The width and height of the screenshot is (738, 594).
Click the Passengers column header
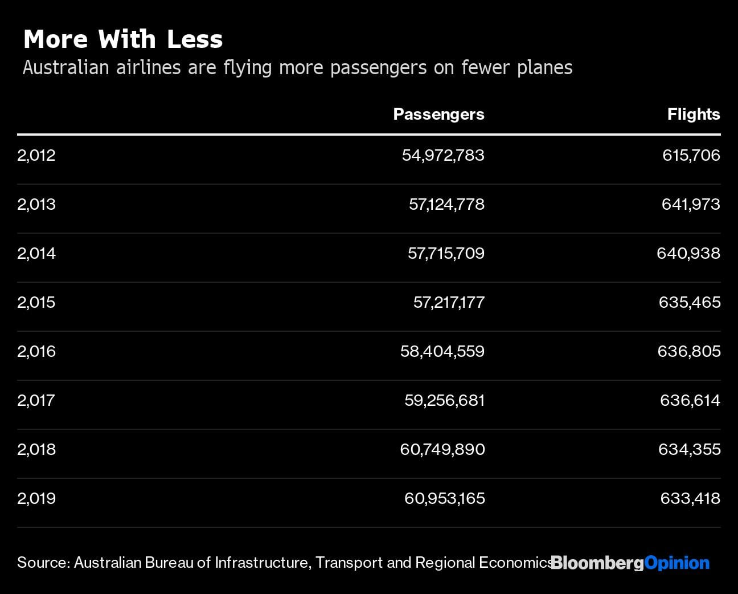click(x=438, y=115)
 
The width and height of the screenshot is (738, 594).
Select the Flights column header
click(x=693, y=115)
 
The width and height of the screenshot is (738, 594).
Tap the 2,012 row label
click(x=36, y=155)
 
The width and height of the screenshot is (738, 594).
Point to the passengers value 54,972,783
click(x=443, y=155)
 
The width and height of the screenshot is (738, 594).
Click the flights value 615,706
click(x=691, y=155)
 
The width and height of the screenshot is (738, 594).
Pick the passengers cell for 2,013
click(x=446, y=204)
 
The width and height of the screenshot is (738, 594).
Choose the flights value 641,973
click(x=691, y=204)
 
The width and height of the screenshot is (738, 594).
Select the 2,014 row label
click(x=36, y=253)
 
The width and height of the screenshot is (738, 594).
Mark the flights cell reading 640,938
click(x=688, y=253)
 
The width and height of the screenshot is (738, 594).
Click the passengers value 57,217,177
click(x=449, y=302)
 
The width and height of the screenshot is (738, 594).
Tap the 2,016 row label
click(x=36, y=351)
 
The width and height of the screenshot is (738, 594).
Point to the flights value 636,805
click(x=689, y=351)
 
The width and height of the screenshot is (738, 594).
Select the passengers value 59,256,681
click(x=444, y=400)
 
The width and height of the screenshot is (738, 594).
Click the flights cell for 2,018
click(x=689, y=449)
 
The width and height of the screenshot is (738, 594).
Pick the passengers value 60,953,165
click(x=444, y=498)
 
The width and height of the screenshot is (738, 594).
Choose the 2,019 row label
click(x=36, y=498)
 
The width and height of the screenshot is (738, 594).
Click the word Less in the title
click(x=195, y=39)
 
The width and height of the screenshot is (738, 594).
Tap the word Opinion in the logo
click(x=677, y=563)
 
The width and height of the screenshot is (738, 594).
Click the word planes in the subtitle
click(x=545, y=68)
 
